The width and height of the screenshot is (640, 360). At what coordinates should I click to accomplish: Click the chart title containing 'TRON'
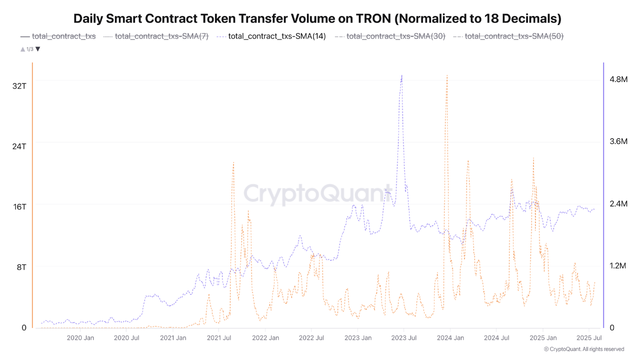point(317,19)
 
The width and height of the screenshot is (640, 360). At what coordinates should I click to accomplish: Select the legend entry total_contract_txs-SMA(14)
point(276,36)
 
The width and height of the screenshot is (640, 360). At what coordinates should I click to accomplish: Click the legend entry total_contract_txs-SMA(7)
point(161,36)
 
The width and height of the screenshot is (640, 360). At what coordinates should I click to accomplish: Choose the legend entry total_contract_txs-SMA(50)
point(514,36)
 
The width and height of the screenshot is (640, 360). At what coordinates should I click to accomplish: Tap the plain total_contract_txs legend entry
point(63,36)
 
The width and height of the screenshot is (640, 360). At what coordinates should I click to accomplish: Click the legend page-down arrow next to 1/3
point(38,49)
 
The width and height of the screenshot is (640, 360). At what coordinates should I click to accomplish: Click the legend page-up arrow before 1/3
point(22,49)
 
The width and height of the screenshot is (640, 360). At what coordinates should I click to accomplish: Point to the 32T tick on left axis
point(19,85)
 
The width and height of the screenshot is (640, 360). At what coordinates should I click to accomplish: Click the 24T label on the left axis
point(19,146)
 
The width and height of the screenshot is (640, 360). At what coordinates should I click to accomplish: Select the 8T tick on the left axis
point(21,267)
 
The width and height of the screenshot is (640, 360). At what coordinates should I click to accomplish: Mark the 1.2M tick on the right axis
point(618,265)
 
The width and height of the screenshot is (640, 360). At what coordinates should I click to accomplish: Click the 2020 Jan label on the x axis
point(80,338)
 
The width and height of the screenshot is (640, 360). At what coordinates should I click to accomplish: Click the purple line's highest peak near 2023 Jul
point(401,75)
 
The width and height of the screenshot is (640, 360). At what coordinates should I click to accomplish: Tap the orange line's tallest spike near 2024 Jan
point(446,75)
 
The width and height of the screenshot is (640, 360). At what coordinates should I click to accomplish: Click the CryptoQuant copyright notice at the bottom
point(583,349)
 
